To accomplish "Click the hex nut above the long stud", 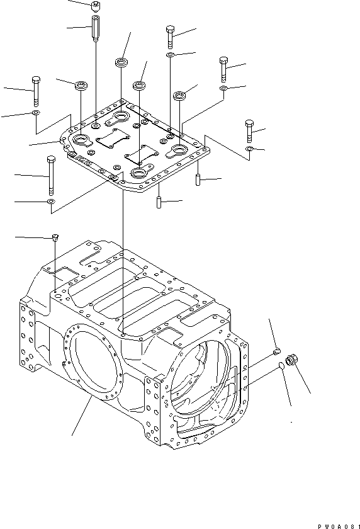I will tap(95, 7).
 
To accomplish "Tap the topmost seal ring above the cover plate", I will tap(121, 62).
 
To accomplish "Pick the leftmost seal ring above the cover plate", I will tap(80, 85).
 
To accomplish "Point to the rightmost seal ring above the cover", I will tap(181, 96).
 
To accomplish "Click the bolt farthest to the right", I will tap(249, 132).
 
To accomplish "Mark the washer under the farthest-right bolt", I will tap(250, 149).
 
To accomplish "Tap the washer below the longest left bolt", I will tap(50, 202).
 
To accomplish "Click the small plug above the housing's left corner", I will tap(55, 237).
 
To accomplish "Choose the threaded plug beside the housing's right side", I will tap(291, 361).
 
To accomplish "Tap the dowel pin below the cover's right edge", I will tap(197, 179).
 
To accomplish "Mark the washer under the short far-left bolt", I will tap(35, 113).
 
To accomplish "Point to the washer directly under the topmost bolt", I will tap(171, 55).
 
